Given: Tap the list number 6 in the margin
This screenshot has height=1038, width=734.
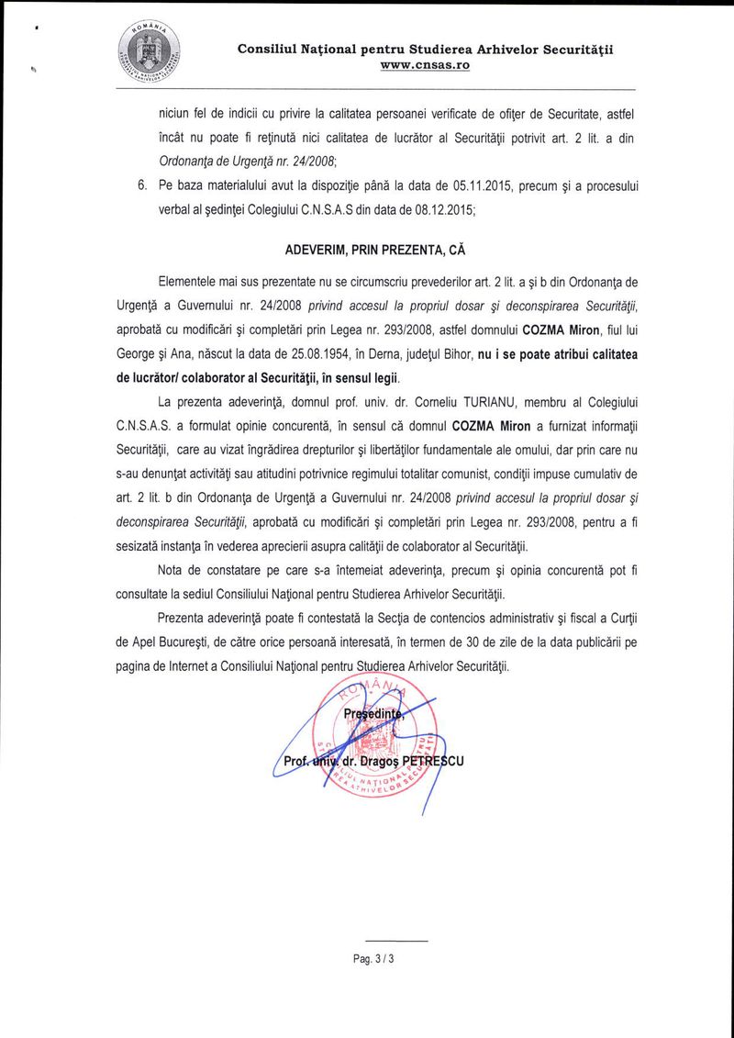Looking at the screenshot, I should click(x=142, y=185).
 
